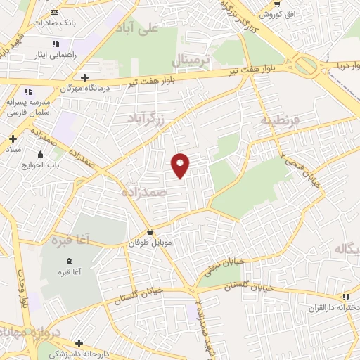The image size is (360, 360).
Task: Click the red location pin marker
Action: [x=181, y=165]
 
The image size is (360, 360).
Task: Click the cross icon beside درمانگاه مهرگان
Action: [x=85, y=77]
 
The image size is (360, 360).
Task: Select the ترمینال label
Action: [x=191, y=60]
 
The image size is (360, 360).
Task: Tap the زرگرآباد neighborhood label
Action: [x=148, y=118]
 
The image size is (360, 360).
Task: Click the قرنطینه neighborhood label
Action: [x=281, y=120]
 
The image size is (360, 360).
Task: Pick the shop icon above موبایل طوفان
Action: [x=149, y=232]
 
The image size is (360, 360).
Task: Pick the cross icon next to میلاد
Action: [x=12, y=139]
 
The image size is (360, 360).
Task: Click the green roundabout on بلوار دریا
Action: [x=307, y=67]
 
